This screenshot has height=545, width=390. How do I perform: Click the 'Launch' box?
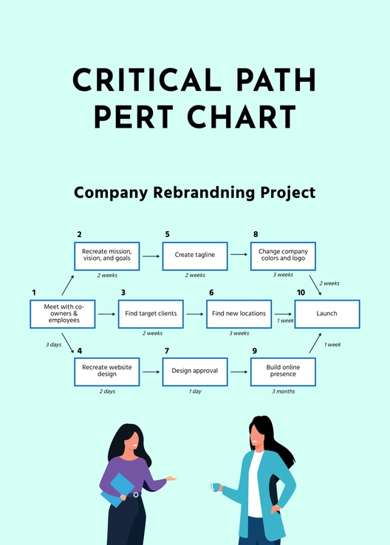(x=326, y=314)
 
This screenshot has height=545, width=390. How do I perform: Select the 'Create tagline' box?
(x=195, y=255)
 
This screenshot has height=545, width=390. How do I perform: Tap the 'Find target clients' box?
(x=151, y=314)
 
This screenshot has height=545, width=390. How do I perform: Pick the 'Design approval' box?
(x=195, y=371)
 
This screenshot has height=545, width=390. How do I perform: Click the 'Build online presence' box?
(x=284, y=371)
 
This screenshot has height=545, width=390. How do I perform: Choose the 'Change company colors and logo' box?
(x=284, y=255)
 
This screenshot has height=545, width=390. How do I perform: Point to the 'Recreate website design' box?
(x=106, y=371)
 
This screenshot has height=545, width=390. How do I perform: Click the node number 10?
(x=300, y=292)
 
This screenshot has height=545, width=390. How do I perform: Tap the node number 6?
(x=211, y=292)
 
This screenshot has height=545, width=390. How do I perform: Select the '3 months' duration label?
(x=284, y=391)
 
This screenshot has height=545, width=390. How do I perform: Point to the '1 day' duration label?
(x=195, y=391)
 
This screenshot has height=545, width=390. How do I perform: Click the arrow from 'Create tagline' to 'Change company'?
(x=239, y=255)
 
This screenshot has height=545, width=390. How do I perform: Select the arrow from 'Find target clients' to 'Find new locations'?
(x=195, y=314)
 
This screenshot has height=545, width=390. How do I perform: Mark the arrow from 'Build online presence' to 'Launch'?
(x=315, y=342)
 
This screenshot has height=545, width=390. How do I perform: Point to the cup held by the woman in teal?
(x=216, y=487)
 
